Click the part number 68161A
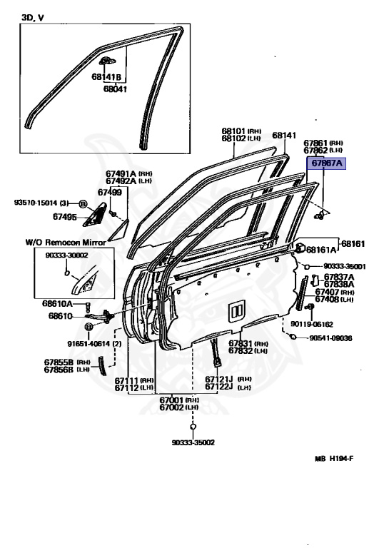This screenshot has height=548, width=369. point(323,250)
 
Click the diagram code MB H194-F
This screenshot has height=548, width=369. point(334,460)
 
